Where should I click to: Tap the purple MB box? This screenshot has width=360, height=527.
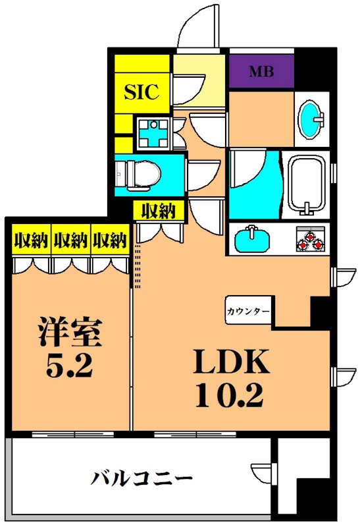[261, 72]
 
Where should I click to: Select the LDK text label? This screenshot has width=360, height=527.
[230, 362]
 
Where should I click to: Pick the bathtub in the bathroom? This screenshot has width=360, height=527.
[307, 185]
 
